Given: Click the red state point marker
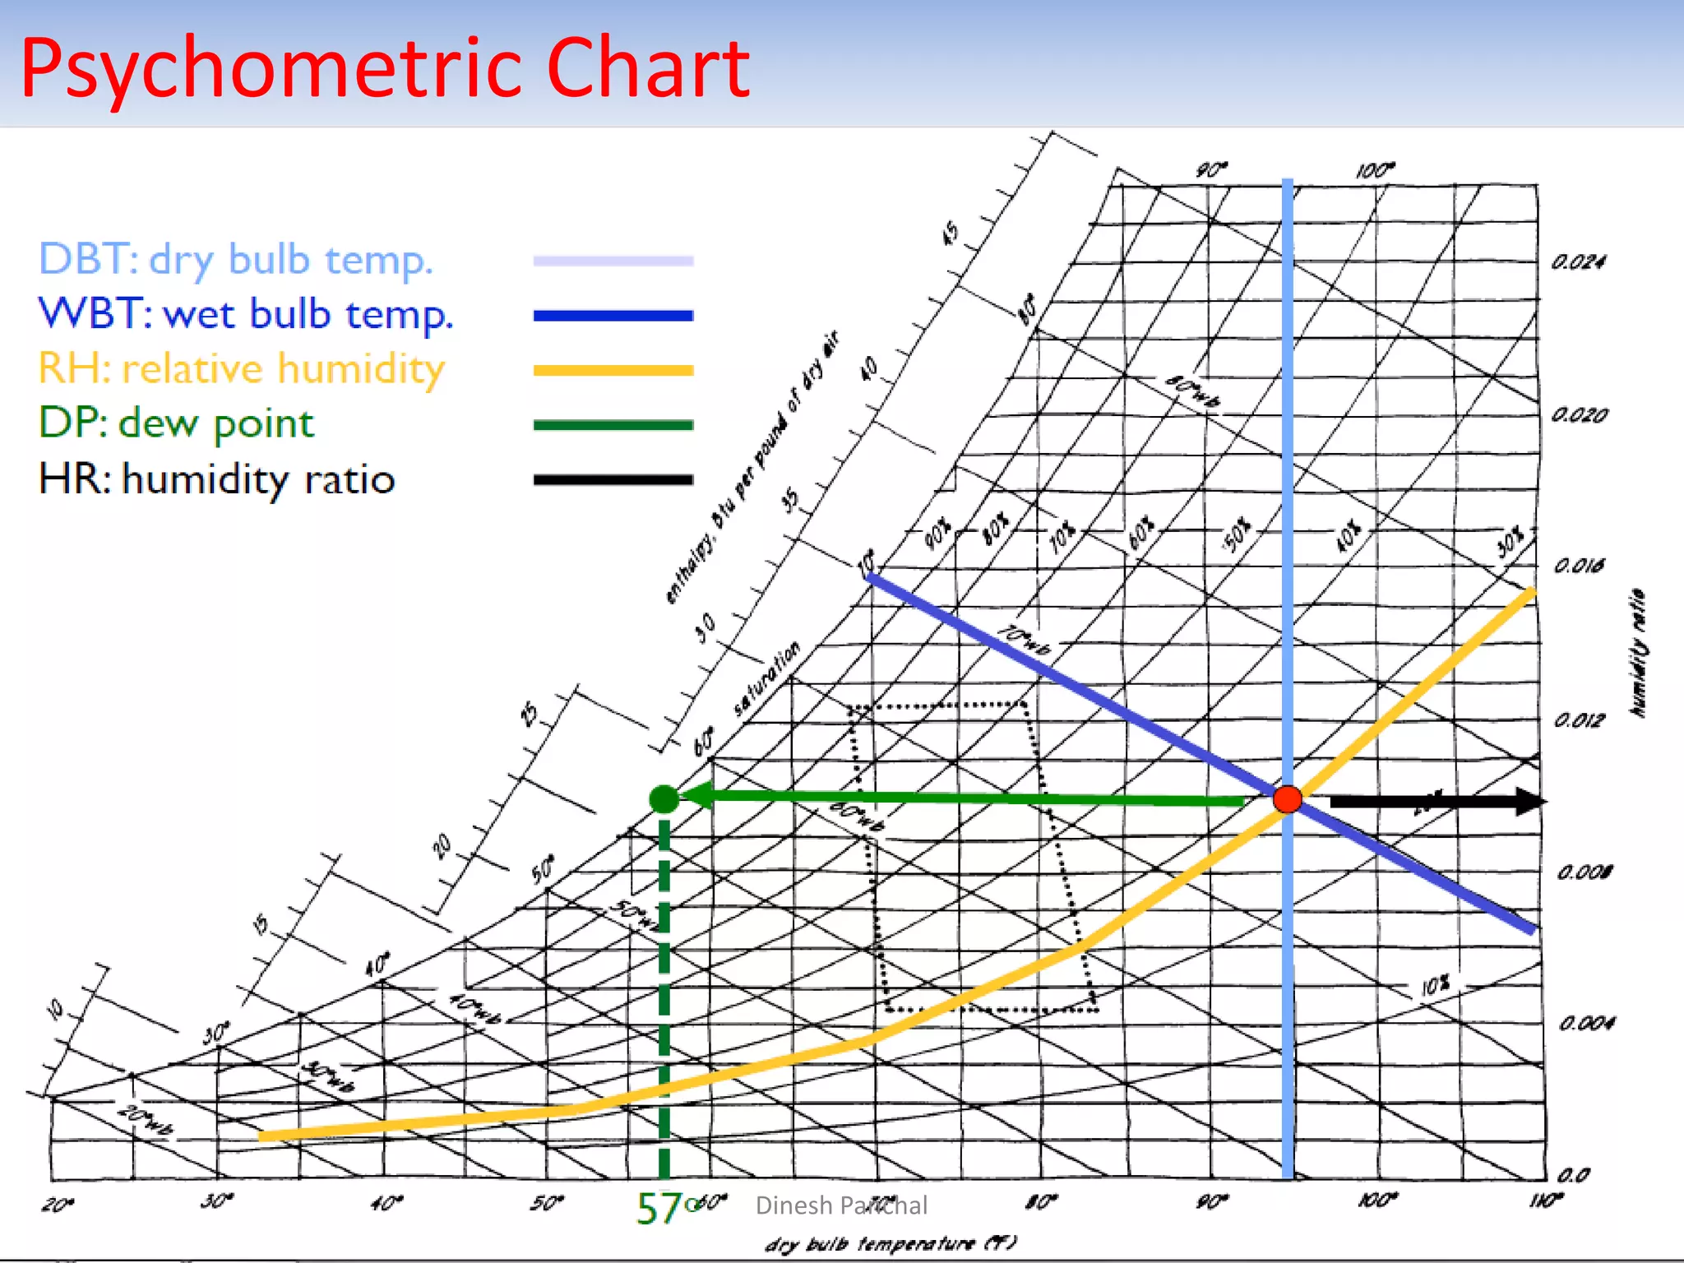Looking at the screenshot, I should point(1287,798).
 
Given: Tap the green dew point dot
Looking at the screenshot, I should point(664,798).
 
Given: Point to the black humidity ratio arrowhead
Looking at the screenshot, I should point(1529,801).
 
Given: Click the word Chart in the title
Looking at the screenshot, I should point(647,67).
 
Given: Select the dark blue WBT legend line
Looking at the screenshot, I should point(613,316).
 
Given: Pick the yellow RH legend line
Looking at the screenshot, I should point(613,371).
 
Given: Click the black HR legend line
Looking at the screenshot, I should point(613,479).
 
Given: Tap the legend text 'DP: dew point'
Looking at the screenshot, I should point(176,423).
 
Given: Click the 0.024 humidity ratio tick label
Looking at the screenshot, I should point(1578,262).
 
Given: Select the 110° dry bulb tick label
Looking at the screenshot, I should point(1545,1201).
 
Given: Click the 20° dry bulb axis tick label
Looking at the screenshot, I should point(58,1205).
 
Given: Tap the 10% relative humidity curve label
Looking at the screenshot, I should point(1436,985).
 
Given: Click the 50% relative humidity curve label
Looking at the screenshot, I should point(1237,534).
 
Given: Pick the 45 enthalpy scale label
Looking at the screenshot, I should point(951,233).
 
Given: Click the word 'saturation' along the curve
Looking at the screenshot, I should point(766,679).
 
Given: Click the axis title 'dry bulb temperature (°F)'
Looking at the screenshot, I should point(891,1244).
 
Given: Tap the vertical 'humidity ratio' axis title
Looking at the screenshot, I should point(1639,654).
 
